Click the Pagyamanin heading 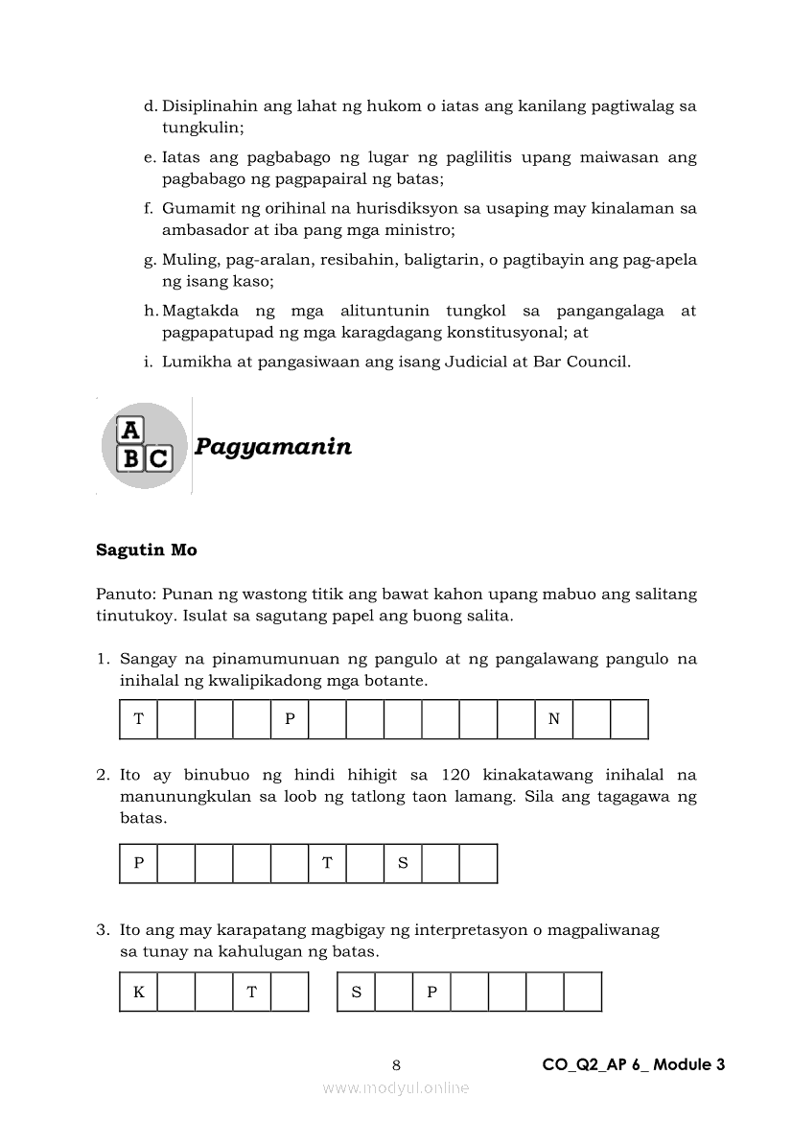click(x=272, y=447)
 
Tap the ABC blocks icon click(x=144, y=445)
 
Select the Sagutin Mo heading click(x=146, y=550)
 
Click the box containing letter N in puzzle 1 click(x=553, y=719)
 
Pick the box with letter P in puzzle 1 click(x=290, y=719)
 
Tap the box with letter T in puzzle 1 click(x=139, y=719)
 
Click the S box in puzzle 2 click(x=403, y=863)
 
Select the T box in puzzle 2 click(x=327, y=863)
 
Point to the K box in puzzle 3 click(x=139, y=993)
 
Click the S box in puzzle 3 click(x=356, y=993)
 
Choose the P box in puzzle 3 click(x=431, y=993)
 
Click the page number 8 click(x=397, y=1064)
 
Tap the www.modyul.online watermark click(x=396, y=1087)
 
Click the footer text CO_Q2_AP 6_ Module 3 click(x=633, y=1064)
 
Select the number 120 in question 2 click(x=457, y=775)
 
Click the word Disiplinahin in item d click(x=208, y=105)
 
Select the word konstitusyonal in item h click(x=514, y=332)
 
